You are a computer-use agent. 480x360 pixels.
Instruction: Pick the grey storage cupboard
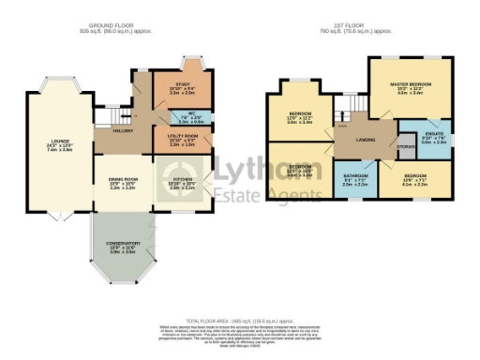point(406,147)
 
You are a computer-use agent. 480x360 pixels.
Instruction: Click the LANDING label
point(353,142)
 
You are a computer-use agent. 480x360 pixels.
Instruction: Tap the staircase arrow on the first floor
point(342,121)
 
